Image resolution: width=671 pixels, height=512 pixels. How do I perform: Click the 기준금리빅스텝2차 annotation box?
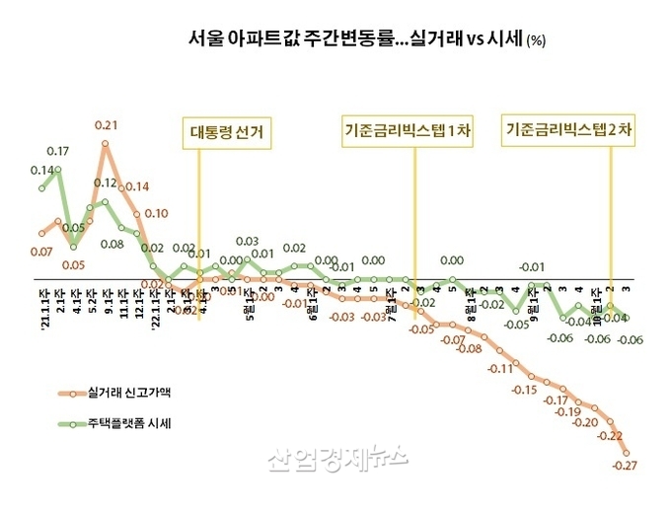[x=569, y=129]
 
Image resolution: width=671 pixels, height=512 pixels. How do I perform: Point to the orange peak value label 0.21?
[x=107, y=125]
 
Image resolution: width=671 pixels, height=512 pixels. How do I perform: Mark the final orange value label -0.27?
[x=624, y=466]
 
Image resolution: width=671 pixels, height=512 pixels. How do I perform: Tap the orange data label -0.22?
[x=610, y=436]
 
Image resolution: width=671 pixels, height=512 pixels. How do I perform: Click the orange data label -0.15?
[x=525, y=390]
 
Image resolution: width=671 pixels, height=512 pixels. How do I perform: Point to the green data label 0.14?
[x=41, y=170]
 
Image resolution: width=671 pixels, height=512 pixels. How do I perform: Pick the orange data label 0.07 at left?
[x=41, y=253]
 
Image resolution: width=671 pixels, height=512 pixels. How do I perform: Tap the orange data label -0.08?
[x=471, y=349]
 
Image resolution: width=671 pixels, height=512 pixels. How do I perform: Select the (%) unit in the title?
[x=536, y=41]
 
